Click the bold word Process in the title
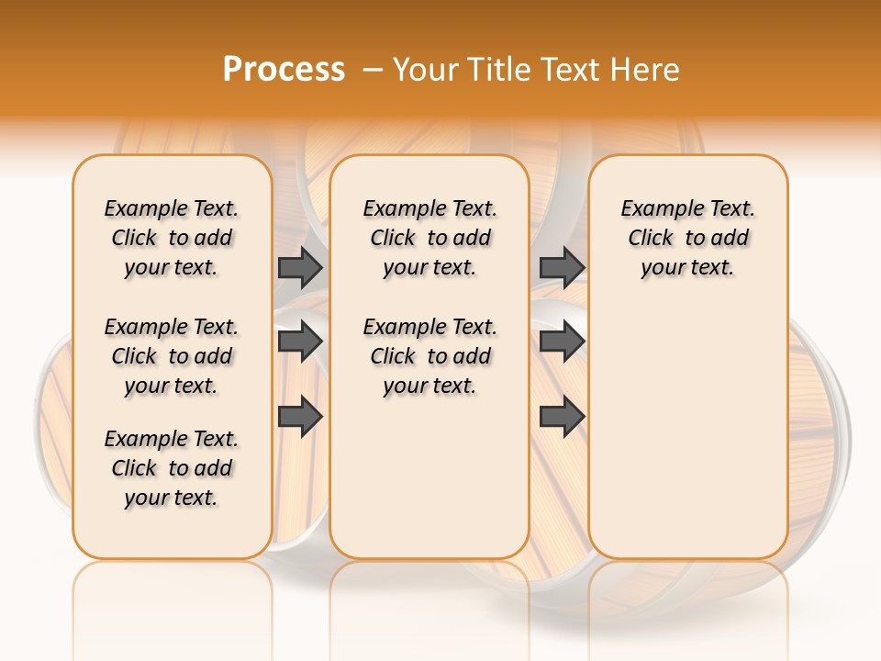coord(284,69)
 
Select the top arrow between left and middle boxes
coord(300,267)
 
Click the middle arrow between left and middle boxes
coord(300,342)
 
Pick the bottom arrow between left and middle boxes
coord(300,417)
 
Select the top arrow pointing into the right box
coord(562,267)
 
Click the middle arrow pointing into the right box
coord(562,342)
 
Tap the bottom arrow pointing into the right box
coord(562,417)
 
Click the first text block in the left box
coord(172,238)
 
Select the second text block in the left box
coord(172,356)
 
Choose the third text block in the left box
coord(172,468)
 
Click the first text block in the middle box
coord(429,238)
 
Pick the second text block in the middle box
coord(429,356)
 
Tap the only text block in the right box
coord(687,238)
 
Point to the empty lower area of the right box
coord(687,431)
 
